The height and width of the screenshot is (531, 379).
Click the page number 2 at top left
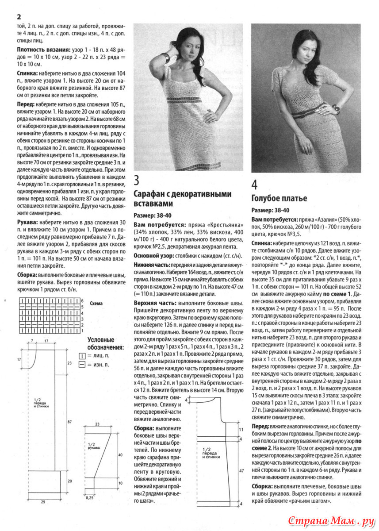point(19,17)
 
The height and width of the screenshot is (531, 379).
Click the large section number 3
point(137,180)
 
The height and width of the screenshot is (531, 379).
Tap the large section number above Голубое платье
point(255,184)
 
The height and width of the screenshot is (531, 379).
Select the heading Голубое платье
point(279,198)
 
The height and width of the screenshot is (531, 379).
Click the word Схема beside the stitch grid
point(96,304)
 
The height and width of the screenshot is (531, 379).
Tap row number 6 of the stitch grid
point(82,300)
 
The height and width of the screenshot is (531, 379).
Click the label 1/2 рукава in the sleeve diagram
point(93,446)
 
